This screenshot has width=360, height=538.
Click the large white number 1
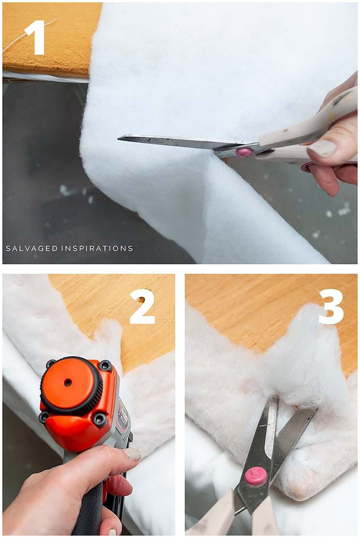coord(35,37)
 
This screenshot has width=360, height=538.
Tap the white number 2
coord(143,306)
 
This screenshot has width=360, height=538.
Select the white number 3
coord(331,306)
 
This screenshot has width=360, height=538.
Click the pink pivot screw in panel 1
coord(244,152)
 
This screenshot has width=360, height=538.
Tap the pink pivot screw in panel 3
coord(256,475)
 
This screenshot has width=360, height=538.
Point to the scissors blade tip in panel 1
coord(120,138)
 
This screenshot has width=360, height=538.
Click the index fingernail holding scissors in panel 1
coord(322,148)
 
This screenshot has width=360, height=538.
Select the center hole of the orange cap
coord(68,382)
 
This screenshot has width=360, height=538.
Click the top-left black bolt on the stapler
coord(51,364)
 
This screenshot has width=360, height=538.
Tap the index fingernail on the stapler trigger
coord(132,454)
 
